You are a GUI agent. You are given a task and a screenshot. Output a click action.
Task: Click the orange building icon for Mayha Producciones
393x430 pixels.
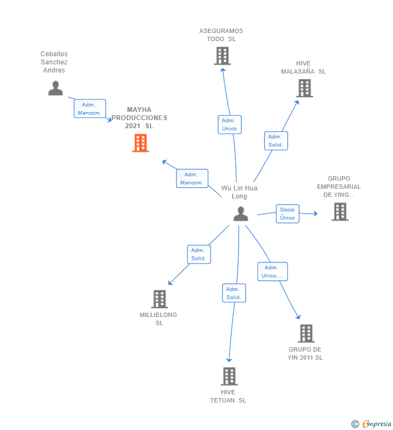[x=140, y=143]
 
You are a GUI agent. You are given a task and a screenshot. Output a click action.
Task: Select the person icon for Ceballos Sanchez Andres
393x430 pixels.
[x=56, y=88]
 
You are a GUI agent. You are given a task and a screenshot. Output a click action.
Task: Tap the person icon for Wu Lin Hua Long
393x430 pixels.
[x=241, y=214]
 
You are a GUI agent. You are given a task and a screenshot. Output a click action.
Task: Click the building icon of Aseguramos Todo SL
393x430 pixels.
[x=222, y=56]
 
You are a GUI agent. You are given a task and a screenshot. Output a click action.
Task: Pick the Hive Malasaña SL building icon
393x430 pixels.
[x=304, y=88]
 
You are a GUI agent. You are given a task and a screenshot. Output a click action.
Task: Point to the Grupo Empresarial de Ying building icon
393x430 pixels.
[x=340, y=211]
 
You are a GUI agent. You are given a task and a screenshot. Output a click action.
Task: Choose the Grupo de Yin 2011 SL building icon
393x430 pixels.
[x=306, y=333]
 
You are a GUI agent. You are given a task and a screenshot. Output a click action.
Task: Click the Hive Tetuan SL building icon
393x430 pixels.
[x=229, y=376]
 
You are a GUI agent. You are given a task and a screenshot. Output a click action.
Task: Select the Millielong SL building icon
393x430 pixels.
[x=159, y=299]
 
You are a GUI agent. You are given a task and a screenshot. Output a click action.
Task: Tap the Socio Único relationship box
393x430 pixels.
[x=287, y=214]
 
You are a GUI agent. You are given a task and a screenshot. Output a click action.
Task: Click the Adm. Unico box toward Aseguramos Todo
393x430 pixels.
[x=229, y=124]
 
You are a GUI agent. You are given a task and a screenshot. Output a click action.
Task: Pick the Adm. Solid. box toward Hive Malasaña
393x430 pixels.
[x=275, y=141]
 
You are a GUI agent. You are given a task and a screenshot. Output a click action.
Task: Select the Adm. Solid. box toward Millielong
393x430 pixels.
[x=198, y=254]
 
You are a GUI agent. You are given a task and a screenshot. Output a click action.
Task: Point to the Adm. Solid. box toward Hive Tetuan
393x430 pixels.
[x=234, y=293]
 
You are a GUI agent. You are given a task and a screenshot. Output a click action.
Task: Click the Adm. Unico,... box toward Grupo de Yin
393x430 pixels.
[x=272, y=272]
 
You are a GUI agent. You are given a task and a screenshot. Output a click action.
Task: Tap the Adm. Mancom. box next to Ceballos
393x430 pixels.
[x=90, y=109]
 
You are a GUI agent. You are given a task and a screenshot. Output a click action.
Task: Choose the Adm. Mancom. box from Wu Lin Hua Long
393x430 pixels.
[x=192, y=178]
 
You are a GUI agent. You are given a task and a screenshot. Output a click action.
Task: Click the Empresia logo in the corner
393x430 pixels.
[x=372, y=424]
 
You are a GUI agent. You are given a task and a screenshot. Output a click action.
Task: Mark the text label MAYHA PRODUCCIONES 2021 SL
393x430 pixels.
[x=139, y=117]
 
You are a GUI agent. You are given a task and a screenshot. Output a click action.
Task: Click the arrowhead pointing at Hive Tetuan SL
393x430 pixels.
[x=229, y=359]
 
